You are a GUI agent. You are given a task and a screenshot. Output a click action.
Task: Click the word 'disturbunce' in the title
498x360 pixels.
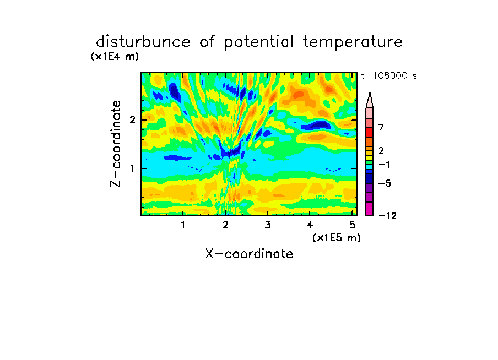(x=143, y=42)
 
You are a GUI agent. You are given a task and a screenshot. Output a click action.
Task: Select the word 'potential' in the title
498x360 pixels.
(x=259, y=42)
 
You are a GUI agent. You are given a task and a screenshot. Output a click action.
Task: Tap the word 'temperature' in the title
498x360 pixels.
(x=353, y=42)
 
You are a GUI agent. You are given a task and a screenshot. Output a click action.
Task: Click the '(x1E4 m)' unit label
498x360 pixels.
(x=115, y=57)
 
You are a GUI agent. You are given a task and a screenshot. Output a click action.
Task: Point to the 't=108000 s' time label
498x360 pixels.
(x=389, y=75)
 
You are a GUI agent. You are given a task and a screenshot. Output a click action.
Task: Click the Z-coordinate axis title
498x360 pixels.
(x=116, y=144)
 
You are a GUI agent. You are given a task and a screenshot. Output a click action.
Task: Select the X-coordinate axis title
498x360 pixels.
(x=249, y=254)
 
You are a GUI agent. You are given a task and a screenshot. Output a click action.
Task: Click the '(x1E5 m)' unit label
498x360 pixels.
(x=337, y=237)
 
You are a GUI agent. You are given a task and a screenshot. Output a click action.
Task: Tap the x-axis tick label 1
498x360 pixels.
(x=183, y=225)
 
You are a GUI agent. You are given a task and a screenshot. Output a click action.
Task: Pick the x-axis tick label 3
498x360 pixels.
(x=268, y=225)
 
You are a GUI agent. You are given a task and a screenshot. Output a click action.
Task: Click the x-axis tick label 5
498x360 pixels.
(x=352, y=225)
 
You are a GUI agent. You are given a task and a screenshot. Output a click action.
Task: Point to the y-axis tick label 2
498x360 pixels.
(x=132, y=120)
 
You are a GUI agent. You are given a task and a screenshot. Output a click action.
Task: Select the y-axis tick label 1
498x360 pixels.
(x=132, y=168)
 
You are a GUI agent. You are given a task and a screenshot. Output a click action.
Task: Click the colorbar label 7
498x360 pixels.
(x=381, y=128)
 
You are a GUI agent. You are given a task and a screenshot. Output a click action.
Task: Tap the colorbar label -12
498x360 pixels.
(x=387, y=216)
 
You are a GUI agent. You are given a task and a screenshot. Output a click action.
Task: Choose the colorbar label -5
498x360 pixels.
(x=385, y=183)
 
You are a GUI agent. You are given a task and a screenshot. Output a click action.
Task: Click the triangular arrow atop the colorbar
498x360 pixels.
(x=370, y=100)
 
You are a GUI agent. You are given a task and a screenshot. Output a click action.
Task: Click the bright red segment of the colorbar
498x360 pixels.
(x=370, y=132)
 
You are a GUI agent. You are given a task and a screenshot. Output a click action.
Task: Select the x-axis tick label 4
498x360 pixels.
(x=310, y=225)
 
